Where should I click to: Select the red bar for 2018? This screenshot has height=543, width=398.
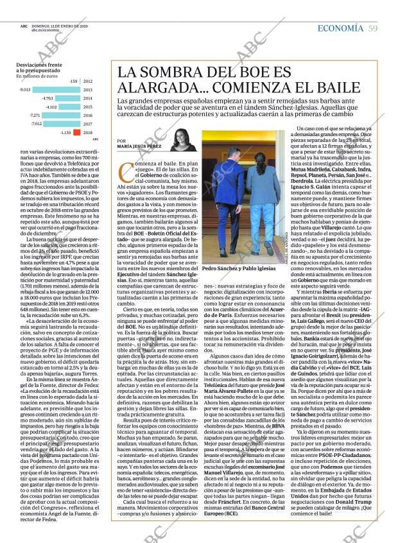[x=76, y=132]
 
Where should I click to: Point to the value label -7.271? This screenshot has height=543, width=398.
[x=35, y=116]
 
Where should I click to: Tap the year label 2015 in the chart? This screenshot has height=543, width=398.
[x=88, y=107]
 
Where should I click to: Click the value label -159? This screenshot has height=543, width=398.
[x=73, y=82]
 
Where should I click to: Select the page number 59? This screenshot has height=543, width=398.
[x=373, y=28]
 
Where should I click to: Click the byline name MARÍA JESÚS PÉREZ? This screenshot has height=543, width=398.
[x=141, y=146]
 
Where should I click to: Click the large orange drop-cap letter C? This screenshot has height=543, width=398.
[x=126, y=172]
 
